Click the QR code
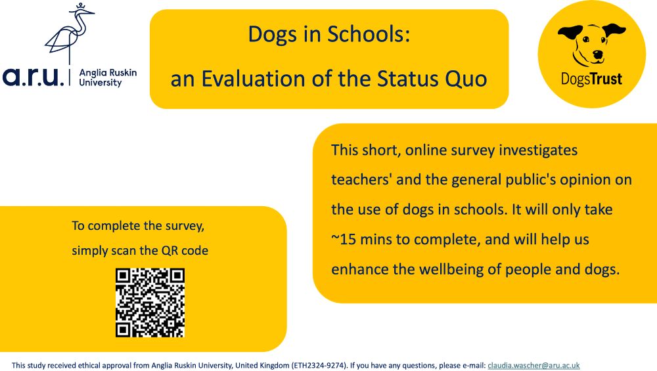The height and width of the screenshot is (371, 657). click(150, 303)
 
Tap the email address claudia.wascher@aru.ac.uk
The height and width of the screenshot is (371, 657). click(533, 365)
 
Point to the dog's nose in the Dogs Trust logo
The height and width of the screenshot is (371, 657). click(597, 55)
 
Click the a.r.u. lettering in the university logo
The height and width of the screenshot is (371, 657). click(34, 77)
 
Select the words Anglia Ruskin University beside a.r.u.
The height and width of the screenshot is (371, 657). click(107, 77)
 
